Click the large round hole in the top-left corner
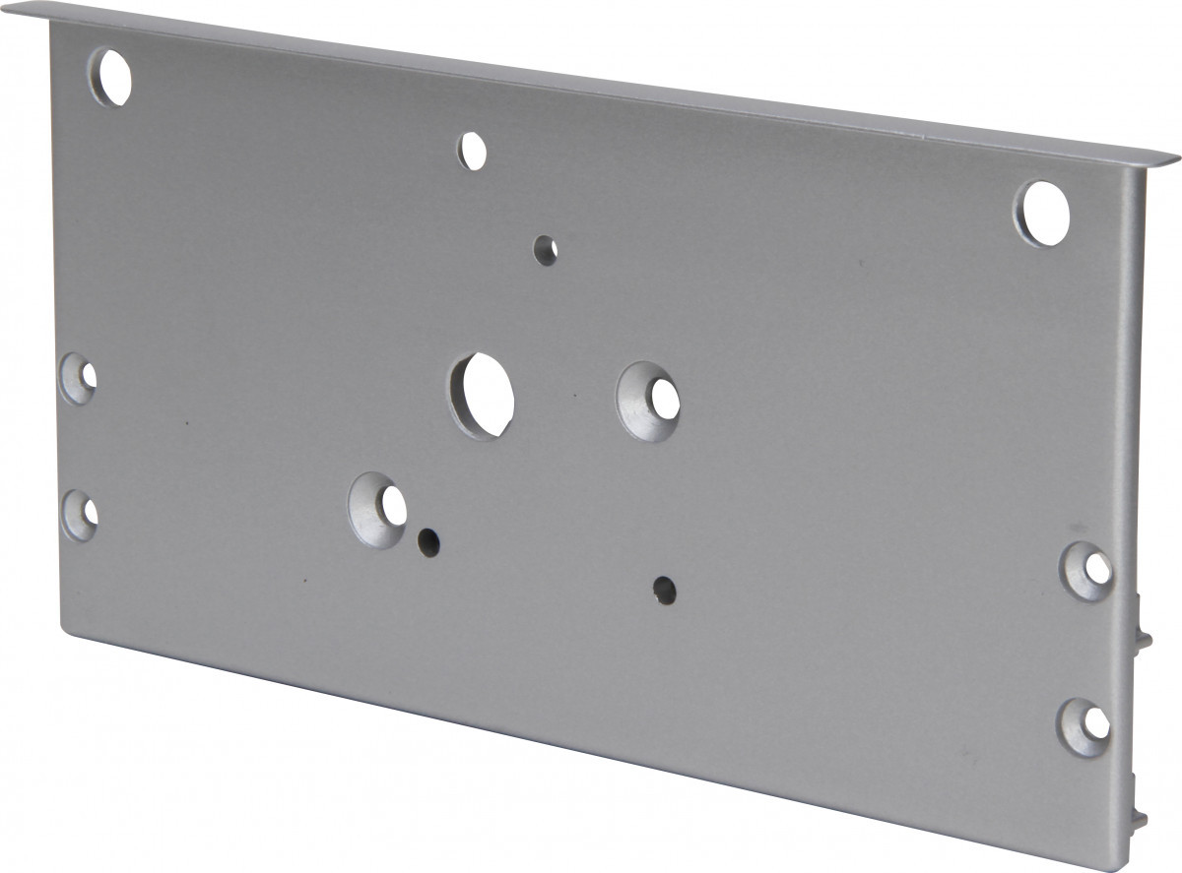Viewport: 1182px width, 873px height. (110, 76)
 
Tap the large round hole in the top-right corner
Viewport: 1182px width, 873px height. (1042, 213)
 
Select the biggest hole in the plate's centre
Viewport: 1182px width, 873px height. (483, 396)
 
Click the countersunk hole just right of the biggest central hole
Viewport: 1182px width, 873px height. (650, 401)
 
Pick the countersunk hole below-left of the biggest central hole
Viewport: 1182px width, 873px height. (379, 509)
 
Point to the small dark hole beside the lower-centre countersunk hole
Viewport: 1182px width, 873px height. (427, 540)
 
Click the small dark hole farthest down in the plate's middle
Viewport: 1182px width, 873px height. (665, 590)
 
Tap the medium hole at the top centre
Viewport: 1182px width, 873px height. (473, 151)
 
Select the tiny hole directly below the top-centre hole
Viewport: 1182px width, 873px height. (545, 249)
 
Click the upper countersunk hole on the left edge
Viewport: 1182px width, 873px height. (79, 378)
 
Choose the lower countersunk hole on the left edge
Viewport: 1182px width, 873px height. (81, 515)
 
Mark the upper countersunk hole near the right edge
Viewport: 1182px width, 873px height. (1088, 570)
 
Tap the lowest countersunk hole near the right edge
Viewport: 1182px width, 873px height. (1085, 727)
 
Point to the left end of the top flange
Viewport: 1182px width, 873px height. (49, 10)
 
